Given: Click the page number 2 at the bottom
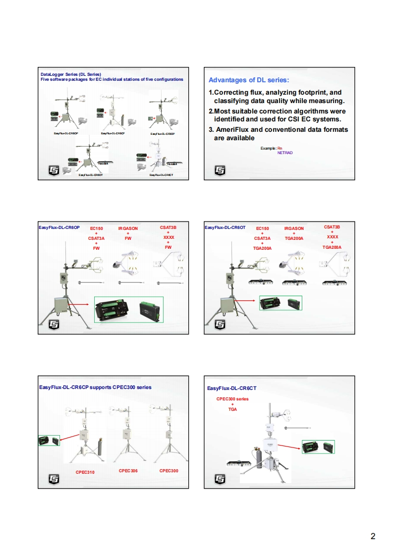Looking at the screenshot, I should pos(373,536).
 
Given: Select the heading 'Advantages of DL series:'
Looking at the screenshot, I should pos(249,80).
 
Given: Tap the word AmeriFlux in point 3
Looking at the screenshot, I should pos(237,130).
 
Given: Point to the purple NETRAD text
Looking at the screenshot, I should pos(285,153).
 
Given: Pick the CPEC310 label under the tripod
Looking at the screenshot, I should pos(85,472).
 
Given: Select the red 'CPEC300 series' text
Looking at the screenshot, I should pos(232,398).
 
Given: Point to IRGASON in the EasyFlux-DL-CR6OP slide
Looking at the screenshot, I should pos(128,228).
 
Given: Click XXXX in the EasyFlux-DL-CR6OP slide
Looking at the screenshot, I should pos(168,237).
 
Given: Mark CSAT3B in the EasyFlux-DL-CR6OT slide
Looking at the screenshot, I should pos(332,227).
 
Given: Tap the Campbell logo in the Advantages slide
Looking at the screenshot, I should pos(220,170).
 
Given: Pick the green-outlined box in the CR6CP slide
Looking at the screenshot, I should pos(49,440).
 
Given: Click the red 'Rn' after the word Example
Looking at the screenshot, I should pos(280,148).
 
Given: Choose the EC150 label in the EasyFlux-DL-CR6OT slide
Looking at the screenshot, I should pos(263,228).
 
